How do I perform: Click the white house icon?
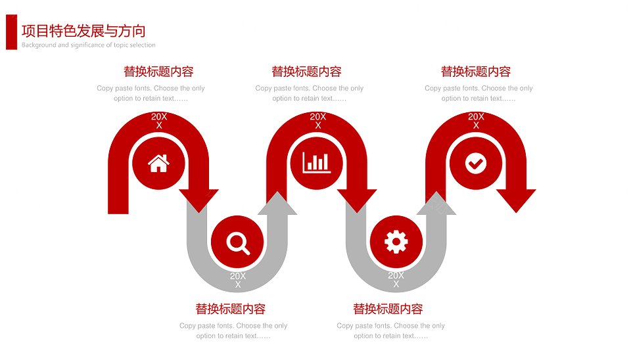pos(158,164)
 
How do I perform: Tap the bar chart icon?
pos(317,163)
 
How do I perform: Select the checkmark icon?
pos(476,164)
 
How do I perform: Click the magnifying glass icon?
pos(238,242)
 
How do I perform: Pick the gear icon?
pos(396,242)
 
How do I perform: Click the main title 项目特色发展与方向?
pos(83,31)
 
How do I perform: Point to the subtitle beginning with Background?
pos(89,45)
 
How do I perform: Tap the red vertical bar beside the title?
pos(11,32)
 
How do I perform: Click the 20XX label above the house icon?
pos(159,121)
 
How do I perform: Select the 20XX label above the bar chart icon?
pos(318,121)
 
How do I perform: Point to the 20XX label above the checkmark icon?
pos(476,121)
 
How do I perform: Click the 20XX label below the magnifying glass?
pos(238,280)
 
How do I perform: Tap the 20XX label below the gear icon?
pos(396,280)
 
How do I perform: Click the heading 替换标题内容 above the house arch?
pos(158,72)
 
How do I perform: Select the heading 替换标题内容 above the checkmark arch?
pos(476,72)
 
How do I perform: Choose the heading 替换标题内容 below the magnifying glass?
pos(231,309)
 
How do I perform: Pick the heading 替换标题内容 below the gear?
pos(388,309)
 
